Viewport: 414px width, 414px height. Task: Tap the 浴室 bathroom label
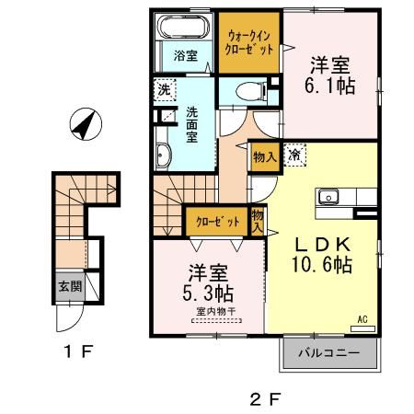(x=186, y=56)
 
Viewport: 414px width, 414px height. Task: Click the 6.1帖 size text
(x=330, y=85)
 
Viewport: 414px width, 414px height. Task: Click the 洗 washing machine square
(x=163, y=90)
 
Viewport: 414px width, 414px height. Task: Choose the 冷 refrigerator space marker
(x=295, y=155)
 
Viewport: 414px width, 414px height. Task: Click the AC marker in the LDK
(x=362, y=319)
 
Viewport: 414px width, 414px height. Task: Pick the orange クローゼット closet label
(x=217, y=223)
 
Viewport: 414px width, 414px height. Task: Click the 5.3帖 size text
(x=211, y=293)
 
